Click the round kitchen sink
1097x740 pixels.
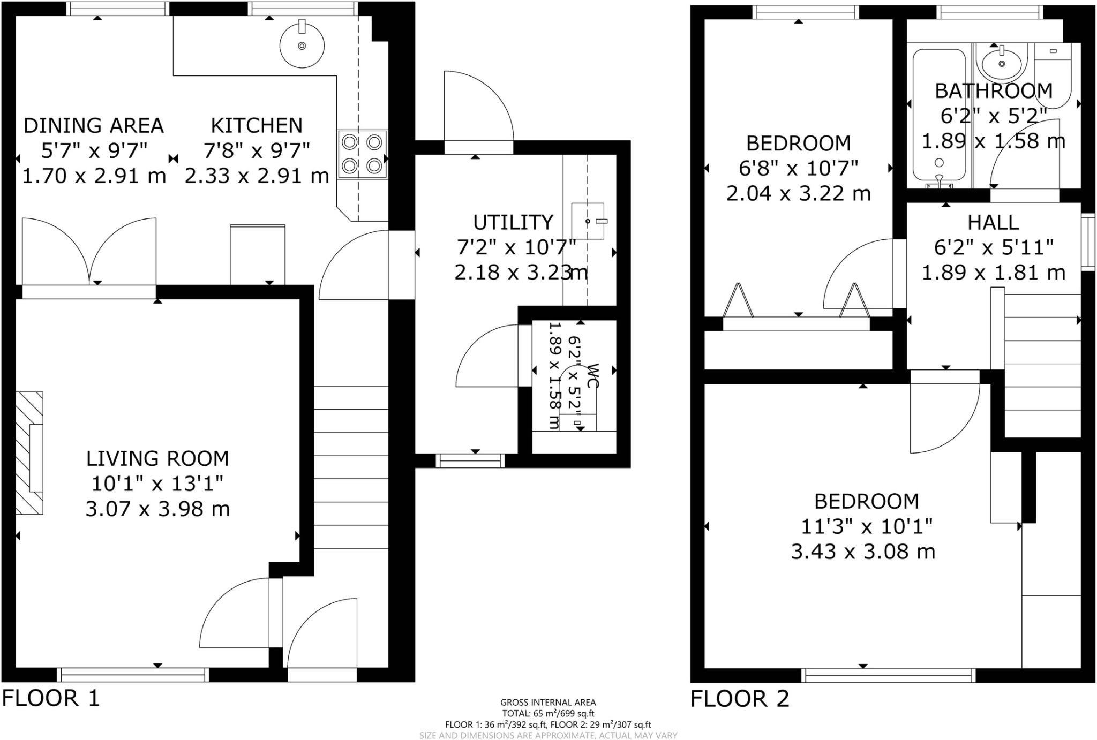[x=302, y=46]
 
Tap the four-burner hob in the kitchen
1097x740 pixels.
[x=362, y=154]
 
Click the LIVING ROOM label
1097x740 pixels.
[x=157, y=459]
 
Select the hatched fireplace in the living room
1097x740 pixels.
[x=29, y=453]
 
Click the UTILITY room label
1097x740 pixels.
[x=513, y=222]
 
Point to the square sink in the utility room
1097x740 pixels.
[x=588, y=221]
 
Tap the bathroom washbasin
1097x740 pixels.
[x=1001, y=63]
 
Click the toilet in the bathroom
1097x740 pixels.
[x=1053, y=75]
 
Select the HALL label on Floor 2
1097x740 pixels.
[x=993, y=223]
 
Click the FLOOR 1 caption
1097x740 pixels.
[x=51, y=698]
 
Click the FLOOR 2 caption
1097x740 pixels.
[x=740, y=699]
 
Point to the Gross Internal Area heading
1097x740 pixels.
[x=547, y=702]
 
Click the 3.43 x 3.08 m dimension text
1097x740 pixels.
[x=863, y=551]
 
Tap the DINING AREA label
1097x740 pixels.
[x=93, y=125]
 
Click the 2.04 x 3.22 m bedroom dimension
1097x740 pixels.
[x=798, y=193]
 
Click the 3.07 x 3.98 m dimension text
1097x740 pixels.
[x=157, y=509]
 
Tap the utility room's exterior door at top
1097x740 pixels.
[x=478, y=107]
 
